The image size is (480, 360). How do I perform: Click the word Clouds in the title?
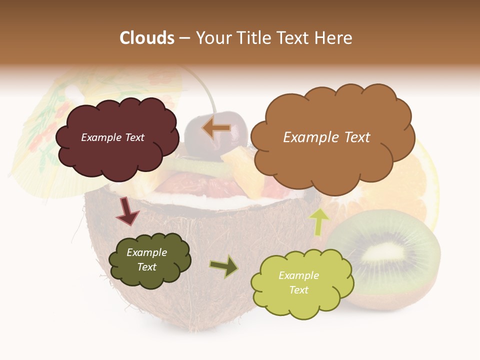[x=147, y=38]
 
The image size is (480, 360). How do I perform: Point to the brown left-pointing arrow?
[x=216, y=128]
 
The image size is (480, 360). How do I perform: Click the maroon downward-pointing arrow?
[x=127, y=210]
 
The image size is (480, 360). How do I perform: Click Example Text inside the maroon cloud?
[x=112, y=137]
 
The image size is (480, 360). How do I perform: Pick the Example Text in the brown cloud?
[x=326, y=137]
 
